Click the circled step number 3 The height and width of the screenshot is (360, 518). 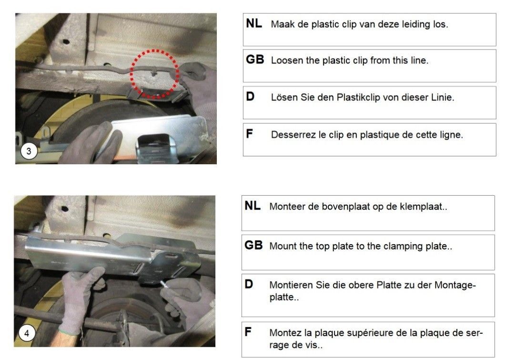(29, 151)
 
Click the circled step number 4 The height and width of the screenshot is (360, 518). (27, 333)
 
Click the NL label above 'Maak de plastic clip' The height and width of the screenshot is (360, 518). (254, 23)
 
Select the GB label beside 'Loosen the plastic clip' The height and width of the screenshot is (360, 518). (255, 60)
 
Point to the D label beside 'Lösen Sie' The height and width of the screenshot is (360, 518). (250, 96)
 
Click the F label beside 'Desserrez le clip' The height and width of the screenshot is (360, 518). (249, 134)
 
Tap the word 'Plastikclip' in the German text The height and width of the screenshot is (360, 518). (358, 98)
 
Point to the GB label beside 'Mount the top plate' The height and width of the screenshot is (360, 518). (254, 245)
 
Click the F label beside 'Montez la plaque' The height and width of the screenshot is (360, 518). (248, 331)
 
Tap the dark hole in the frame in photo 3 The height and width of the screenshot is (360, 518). (66, 42)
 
